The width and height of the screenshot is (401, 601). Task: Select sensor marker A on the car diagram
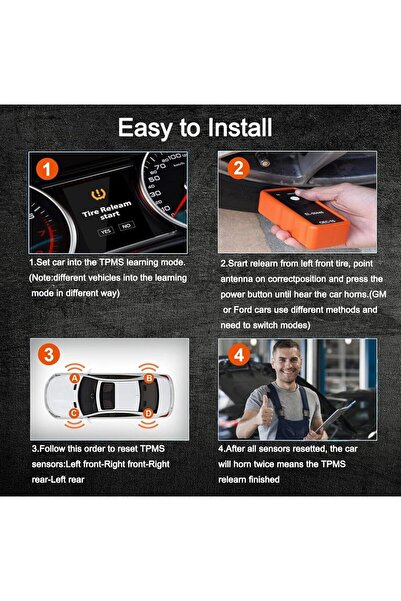tap(72, 379)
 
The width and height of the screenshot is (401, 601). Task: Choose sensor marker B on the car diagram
tap(149, 378)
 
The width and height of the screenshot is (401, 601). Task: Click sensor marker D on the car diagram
tap(149, 412)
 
